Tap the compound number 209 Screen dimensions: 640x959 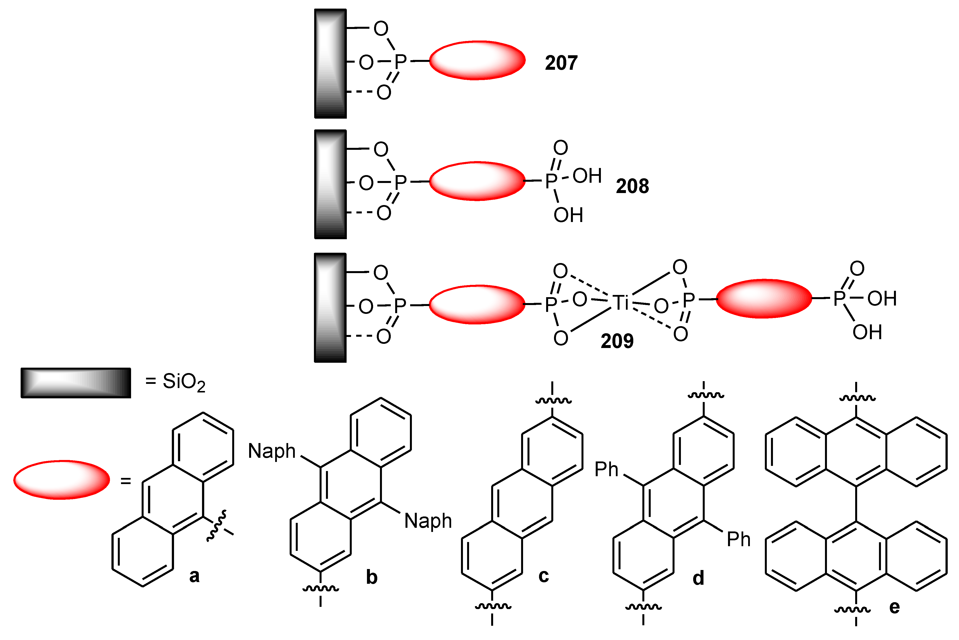[x=617, y=341]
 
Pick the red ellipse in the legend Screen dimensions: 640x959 [x=62, y=480]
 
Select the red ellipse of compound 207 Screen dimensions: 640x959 [x=477, y=60]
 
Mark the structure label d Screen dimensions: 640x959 [x=698, y=578]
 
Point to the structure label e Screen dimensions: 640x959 [x=894, y=607]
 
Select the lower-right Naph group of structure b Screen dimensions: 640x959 [x=428, y=521]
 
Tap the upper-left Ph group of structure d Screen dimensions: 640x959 [x=606, y=469]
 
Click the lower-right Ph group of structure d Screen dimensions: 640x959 [x=738, y=540]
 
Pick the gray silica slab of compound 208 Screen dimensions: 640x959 [x=330, y=184]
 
